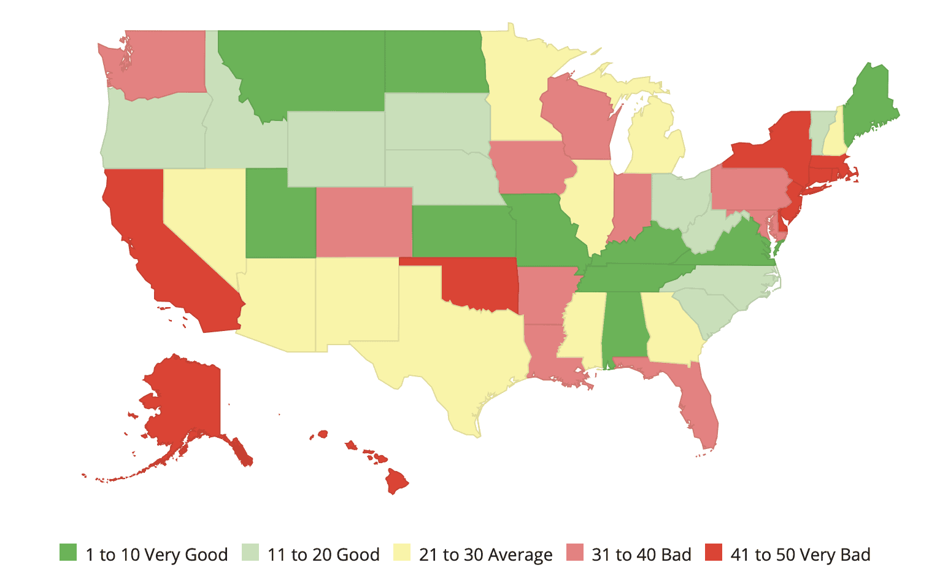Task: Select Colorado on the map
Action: click(x=364, y=222)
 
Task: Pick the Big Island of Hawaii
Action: click(x=396, y=480)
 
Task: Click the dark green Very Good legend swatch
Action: click(x=68, y=553)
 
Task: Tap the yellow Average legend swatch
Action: click(x=402, y=553)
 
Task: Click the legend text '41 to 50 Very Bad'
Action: click(x=800, y=555)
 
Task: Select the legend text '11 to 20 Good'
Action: click(x=323, y=555)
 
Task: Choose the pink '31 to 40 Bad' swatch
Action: click(x=574, y=553)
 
